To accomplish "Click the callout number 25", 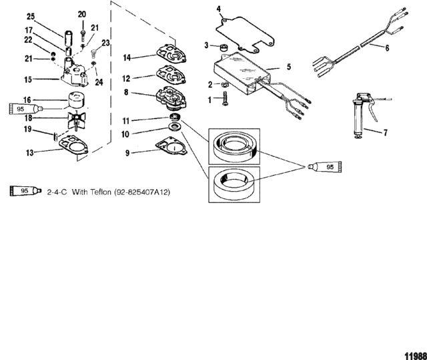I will [30, 16].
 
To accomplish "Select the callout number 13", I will [29, 153].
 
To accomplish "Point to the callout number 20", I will [82, 14].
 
